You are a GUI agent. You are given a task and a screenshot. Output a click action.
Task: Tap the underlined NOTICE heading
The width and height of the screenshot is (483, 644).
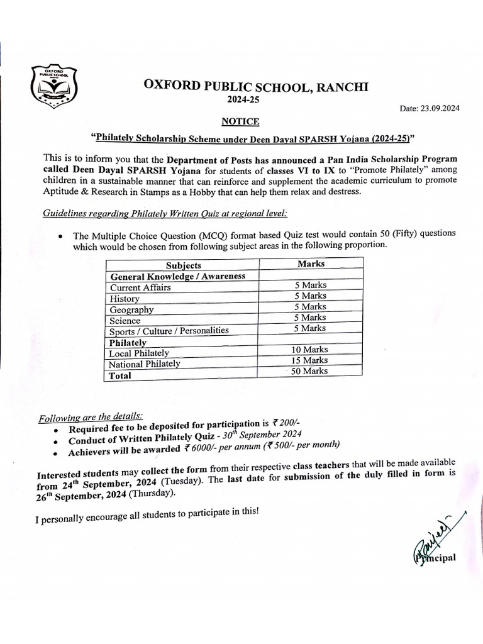(240, 121)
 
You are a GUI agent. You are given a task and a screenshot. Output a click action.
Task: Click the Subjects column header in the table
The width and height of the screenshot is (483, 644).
(183, 265)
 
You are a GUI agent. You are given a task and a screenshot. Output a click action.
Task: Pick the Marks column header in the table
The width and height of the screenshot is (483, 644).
(311, 264)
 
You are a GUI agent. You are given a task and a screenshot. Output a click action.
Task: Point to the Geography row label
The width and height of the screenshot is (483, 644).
(131, 309)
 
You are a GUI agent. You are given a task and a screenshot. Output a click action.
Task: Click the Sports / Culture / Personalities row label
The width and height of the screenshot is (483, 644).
(169, 330)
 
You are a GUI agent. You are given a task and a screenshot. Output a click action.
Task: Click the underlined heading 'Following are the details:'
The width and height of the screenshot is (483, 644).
(91, 416)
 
